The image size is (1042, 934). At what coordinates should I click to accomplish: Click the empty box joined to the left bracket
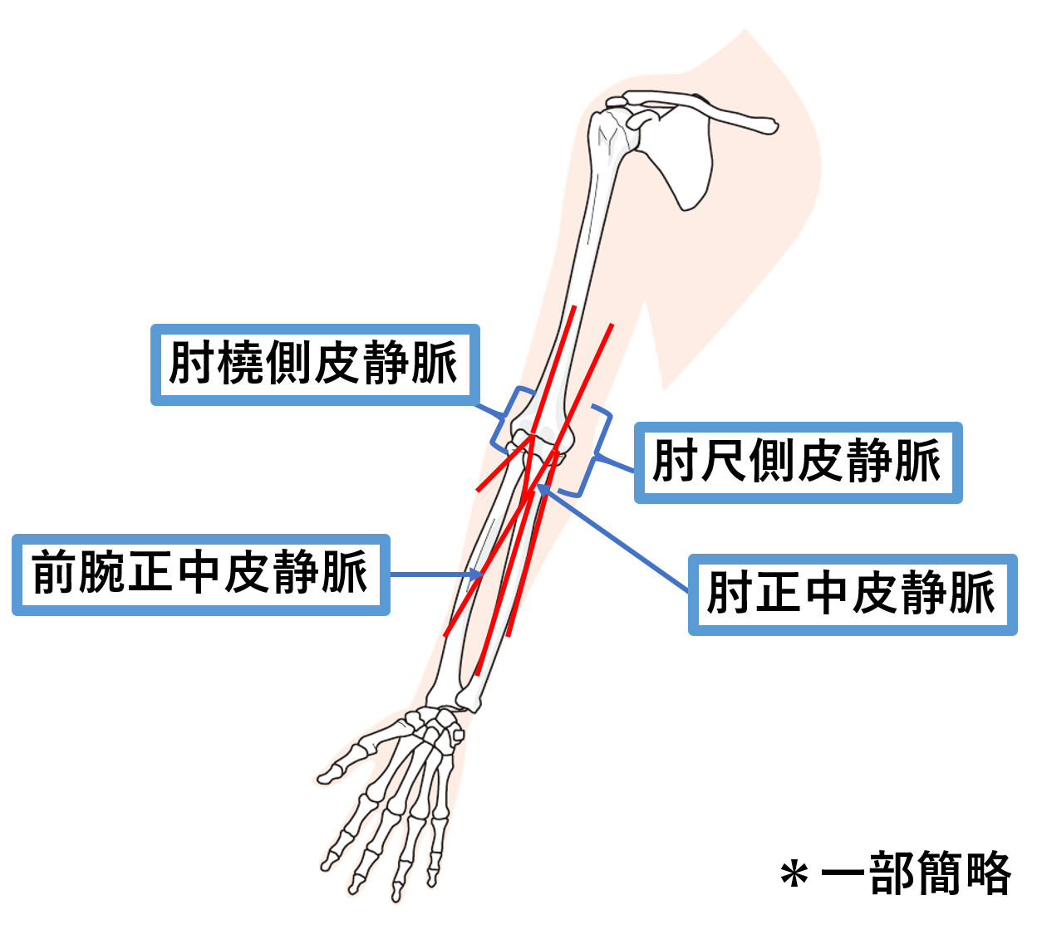click(x=315, y=364)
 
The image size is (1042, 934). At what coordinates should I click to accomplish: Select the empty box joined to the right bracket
click(x=798, y=462)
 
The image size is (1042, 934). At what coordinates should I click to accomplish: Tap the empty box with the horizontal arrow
click(x=200, y=575)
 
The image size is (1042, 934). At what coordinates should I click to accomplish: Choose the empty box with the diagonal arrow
click(x=853, y=594)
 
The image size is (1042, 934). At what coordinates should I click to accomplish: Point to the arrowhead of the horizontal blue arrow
click(x=479, y=574)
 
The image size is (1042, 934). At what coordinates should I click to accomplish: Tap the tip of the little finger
click(x=432, y=878)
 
